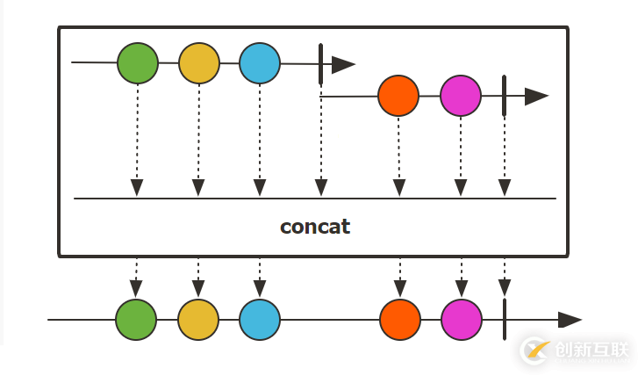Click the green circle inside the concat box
coord(137,63)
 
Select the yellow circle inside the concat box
coord(199,63)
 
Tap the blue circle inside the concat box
coord(260,63)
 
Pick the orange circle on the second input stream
coord(398,96)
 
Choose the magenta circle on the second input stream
coord(461,96)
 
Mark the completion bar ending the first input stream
coord(321,63)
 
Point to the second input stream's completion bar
coord(504,96)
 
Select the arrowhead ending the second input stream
coord(536,97)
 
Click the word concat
coord(315,227)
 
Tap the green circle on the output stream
coord(136,320)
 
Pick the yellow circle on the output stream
coord(198,320)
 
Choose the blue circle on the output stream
coord(260,320)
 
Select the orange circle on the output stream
coord(400,320)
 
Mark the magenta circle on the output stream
coord(462,320)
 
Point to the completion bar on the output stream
coord(505,320)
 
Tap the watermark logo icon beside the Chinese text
coord(534,350)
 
